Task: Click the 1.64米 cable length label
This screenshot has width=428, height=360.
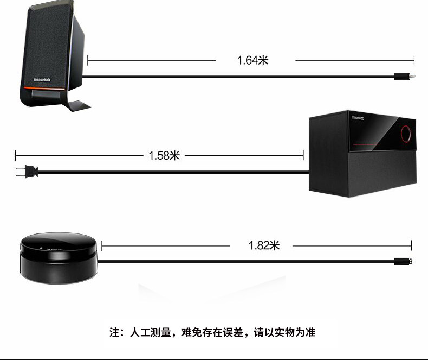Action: click(253, 60)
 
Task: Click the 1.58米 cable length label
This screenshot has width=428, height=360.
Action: click(164, 156)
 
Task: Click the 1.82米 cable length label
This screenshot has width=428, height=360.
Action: click(264, 245)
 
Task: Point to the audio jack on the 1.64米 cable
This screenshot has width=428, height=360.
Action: click(404, 77)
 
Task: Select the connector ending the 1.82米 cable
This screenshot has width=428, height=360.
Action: click(405, 261)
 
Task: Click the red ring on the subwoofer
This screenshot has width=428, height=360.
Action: click(407, 133)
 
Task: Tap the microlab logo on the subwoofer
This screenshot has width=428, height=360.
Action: click(360, 117)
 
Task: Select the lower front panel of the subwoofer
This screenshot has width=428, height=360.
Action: click(384, 174)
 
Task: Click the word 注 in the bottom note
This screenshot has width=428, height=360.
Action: click(114, 332)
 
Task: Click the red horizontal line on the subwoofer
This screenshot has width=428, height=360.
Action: click(379, 146)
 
